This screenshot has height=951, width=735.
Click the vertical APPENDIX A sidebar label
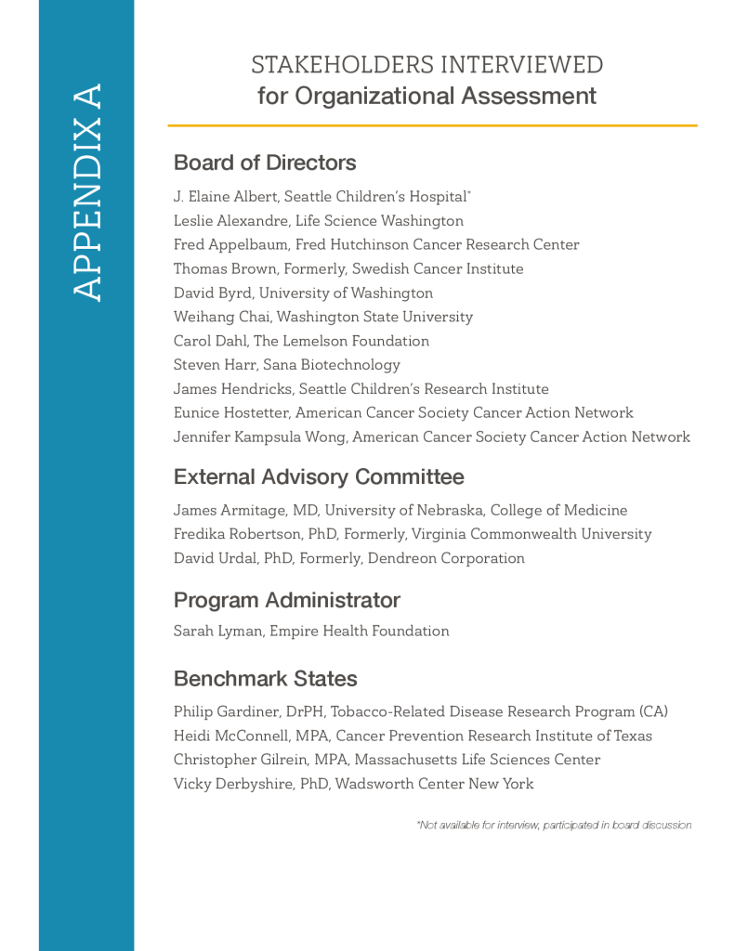(86, 192)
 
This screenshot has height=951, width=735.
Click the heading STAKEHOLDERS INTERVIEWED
(427, 65)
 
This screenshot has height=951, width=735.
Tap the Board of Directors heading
(265, 163)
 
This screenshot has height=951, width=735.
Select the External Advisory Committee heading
(319, 477)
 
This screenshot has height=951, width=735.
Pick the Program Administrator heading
(287, 600)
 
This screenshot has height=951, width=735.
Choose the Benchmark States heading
(265, 679)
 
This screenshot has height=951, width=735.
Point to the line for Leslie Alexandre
(318, 221)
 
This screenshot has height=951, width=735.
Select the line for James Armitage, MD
(400, 511)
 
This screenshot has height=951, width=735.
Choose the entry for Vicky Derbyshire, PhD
(353, 784)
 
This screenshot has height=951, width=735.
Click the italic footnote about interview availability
(554, 825)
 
